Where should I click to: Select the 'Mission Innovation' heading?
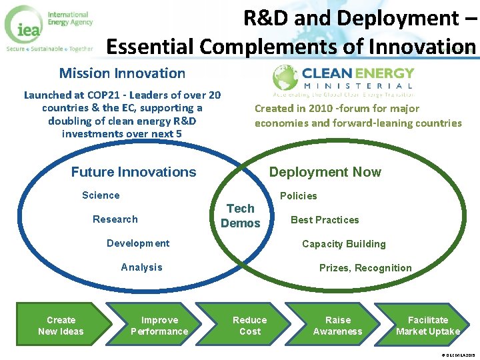pos(122,73)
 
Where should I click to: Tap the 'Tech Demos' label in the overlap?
pos(240,216)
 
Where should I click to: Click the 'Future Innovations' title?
pos(133,172)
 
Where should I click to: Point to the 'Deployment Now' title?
pos(325,172)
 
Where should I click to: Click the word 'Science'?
pos(101,195)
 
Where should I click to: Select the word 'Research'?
pos(115,219)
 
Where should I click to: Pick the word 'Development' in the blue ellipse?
pos(138,243)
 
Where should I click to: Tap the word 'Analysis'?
pos(141,267)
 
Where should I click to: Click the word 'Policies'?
pos(298,196)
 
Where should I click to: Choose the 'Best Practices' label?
pos(325,220)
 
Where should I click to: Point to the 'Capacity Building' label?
pos(343,244)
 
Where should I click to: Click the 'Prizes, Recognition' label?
pos(365,268)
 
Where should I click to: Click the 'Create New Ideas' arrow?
pos(61,325)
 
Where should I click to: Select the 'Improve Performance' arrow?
pos(159,325)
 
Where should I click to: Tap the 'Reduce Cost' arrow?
pos(250,325)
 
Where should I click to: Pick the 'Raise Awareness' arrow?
pos(337,325)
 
